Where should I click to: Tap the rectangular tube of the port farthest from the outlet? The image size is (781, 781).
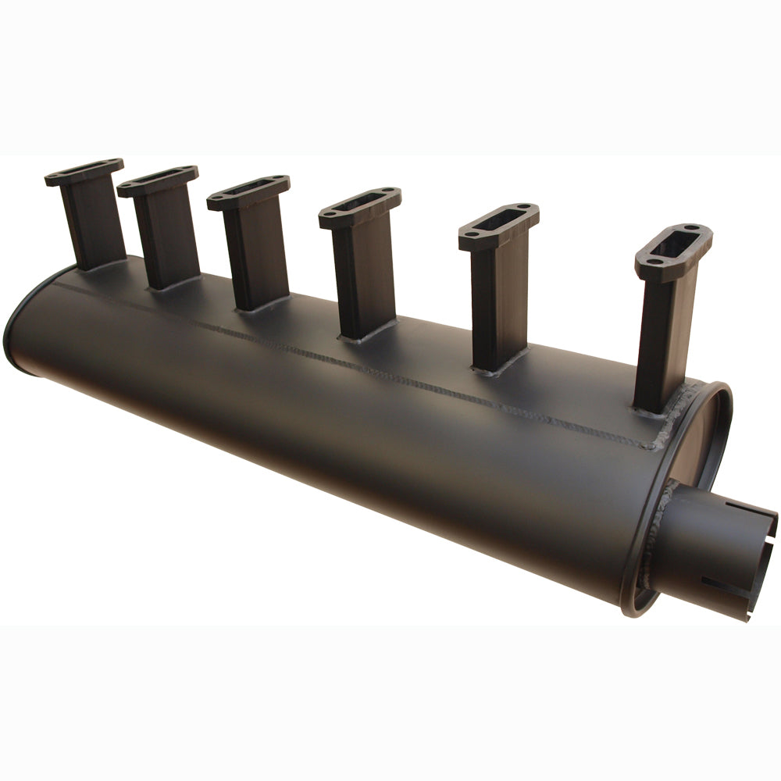(x=94, y=223)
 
